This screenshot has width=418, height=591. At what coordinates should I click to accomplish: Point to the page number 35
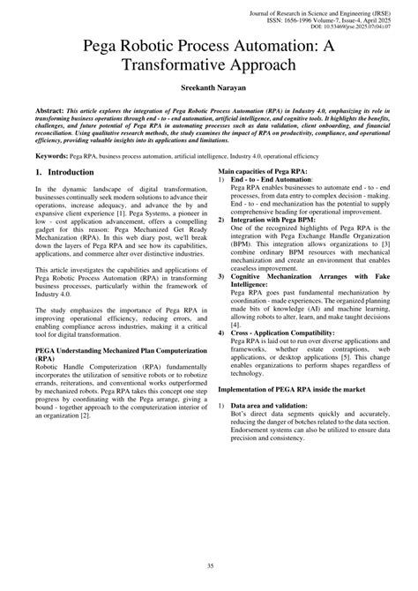(x=209, y=565)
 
